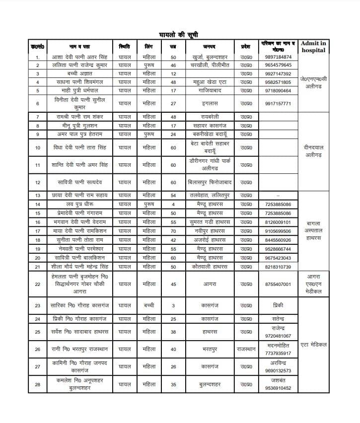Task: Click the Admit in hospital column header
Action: click(x=313, y=47)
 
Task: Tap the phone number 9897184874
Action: click(x=279, y=57)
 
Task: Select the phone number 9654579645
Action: click(x=279, y=66)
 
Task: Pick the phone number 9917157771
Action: click(x=279, y=103)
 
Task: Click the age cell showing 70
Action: click(x=173, y=231)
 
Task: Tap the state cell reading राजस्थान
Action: click(x=246, y=349)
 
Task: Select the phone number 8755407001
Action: click(x=279, y=284)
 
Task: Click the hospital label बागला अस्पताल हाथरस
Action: click(x=313, y=231)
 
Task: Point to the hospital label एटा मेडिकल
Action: click(x=313, y=345)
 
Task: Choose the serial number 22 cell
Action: click(x=38, y=284)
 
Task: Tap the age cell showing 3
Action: click(x=173, y=306)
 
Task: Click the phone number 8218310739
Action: click(x=279, y=267)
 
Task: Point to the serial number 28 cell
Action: click(x=38, y=384)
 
